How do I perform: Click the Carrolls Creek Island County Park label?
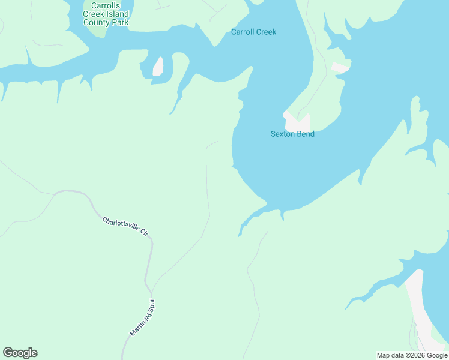[106, 14]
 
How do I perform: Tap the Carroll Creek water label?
[253, 32]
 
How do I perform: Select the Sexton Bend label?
[292, 134]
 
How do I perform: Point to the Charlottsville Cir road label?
[125, 226]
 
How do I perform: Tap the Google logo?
[20, 353]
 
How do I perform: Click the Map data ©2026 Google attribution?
[412, 356]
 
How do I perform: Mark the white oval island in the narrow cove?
[158, 67]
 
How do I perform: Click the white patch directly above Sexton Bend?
[297, 122]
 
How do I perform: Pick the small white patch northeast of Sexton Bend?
[340, 67]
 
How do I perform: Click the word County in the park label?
[97, 23]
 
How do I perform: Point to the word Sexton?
[283, 134]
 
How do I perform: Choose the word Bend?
[306, 134]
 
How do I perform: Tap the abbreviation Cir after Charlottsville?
[143, 232]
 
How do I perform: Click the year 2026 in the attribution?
[414, 356]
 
